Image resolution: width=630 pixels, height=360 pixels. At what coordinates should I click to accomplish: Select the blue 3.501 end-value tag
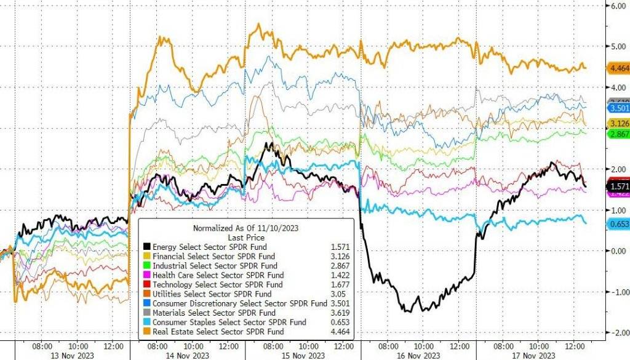pos(617,108)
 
